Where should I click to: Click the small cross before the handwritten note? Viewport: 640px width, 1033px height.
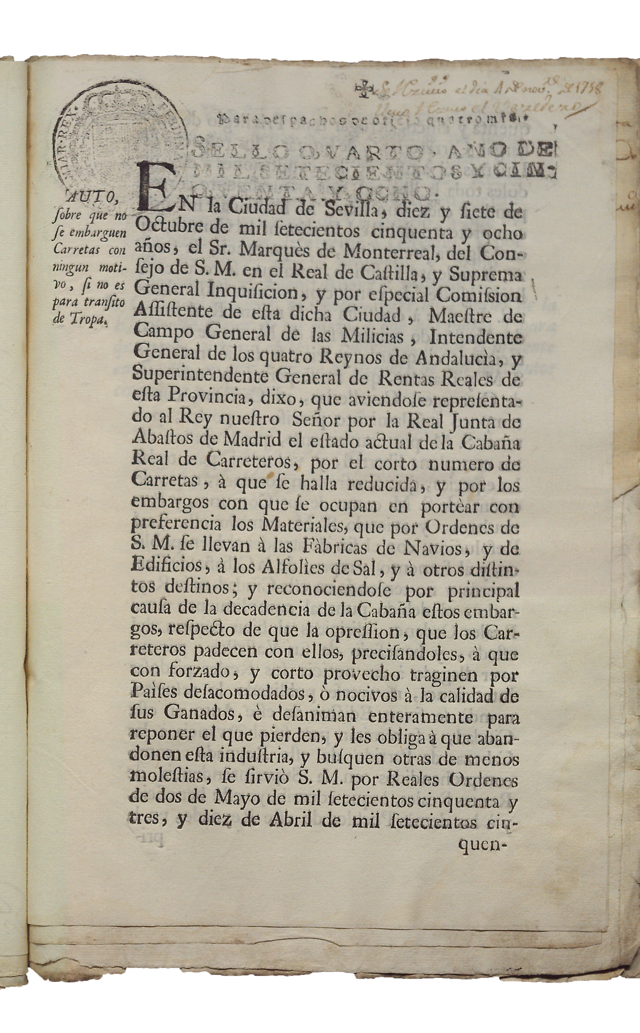click(x=365, y=89)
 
